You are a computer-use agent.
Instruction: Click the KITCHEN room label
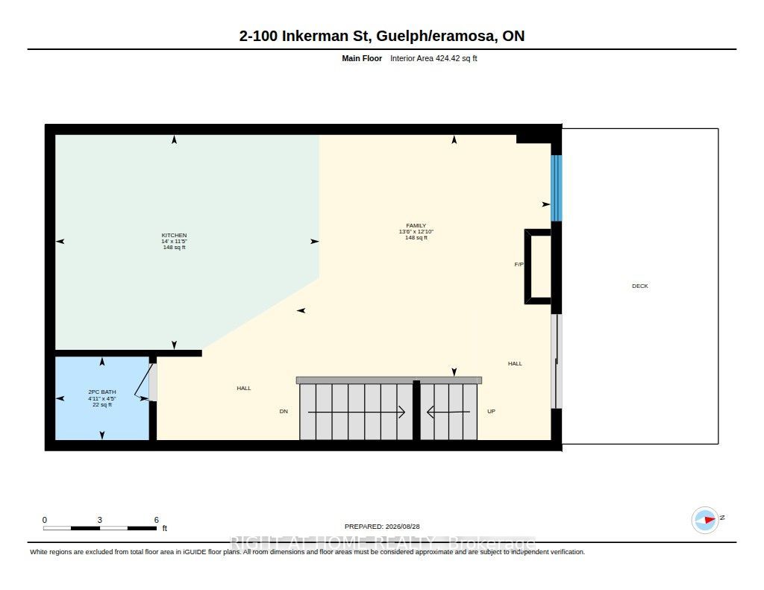(174, 235)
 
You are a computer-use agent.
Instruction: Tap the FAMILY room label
(416, 225)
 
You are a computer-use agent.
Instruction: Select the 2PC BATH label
(101, 392)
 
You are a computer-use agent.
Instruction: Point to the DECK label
(639, 286)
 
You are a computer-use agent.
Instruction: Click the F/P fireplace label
(519, 265)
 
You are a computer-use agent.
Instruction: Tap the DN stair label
(284, 411)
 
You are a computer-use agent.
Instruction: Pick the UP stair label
(491, 411)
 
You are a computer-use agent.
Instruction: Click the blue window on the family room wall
(557, 188)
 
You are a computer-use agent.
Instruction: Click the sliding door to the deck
(557, 361)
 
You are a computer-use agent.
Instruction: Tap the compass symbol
(705, 520)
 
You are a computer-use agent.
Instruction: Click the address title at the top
(381, 36)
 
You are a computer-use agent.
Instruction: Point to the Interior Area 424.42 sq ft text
(433, 58)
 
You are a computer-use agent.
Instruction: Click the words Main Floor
(362, 58)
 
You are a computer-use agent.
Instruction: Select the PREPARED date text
(382, 527)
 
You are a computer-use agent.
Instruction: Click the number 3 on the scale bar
(99, 520)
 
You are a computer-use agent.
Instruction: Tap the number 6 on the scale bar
(157, 520)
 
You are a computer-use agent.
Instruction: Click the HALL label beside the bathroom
(244, 389)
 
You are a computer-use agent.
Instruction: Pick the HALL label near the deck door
(515, 363)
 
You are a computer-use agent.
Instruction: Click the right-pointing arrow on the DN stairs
(356, 412)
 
